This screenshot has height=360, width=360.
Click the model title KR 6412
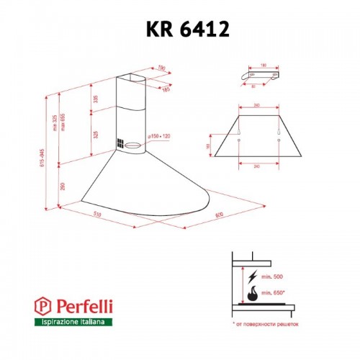tap(179, 31)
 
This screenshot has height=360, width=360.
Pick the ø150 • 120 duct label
tap(158, 135)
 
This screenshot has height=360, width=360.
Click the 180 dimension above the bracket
tap(264, 65)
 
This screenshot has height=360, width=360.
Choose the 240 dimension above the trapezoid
tap(258, 107)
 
